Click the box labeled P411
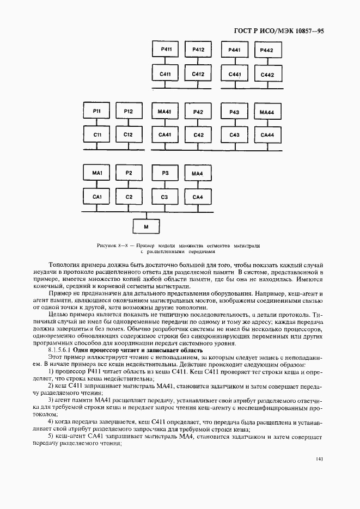[167, 50]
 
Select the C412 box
[198, 74]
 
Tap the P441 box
[235, 50]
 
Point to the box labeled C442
[267, 75]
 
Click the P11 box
[97, 111]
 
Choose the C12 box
[128, 134]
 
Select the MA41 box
[164, 111]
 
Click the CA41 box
[164, 134]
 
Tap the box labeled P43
[234, 111]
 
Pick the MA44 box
[266, 111]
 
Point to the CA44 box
[266, 134]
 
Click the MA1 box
[97, 173]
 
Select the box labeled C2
[129, 196]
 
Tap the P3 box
[164, 173]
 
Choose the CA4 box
[198, 196]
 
